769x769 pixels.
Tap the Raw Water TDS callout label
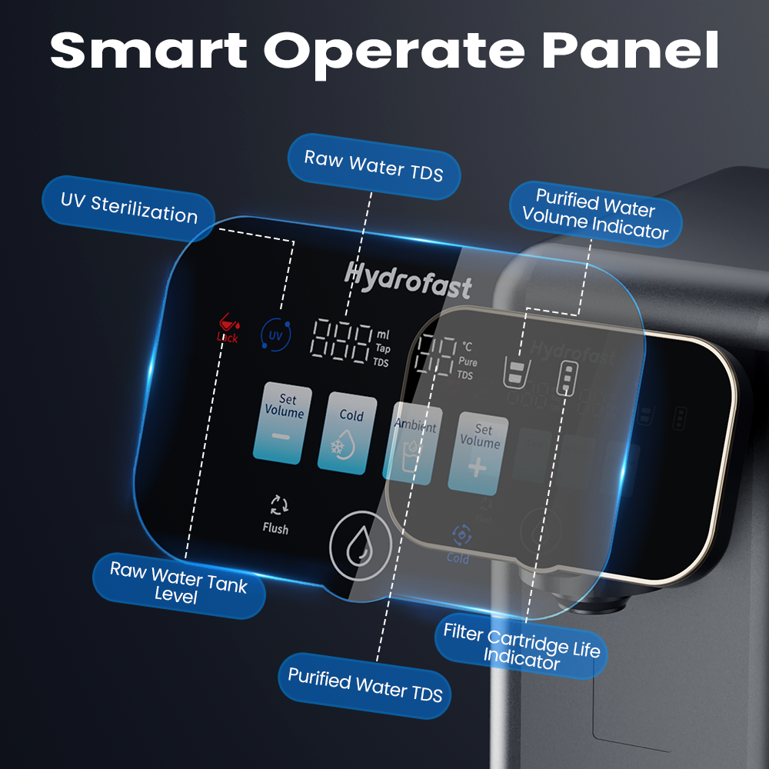[x=374, y=165]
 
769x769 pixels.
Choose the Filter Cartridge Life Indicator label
[x=521, y=645]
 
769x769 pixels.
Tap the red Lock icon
[x=227, y=327]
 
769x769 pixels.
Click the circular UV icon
[x=275, y=335]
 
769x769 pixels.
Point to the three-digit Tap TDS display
[x=341, y=341]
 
